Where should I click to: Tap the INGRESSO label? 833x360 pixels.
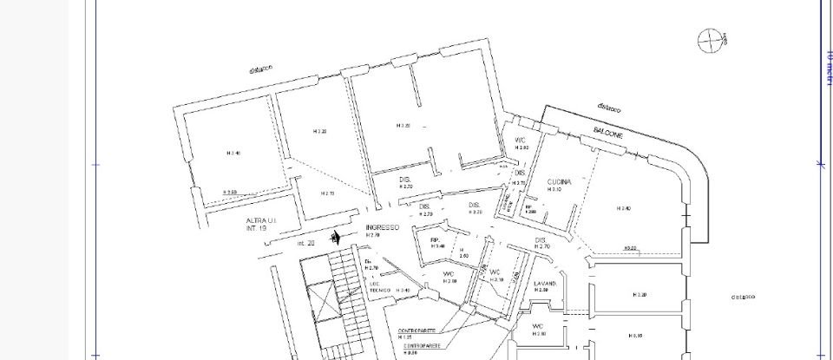point(381,227)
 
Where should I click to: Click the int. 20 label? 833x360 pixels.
point(306,244)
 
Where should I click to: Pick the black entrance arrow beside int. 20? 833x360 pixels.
point(335,237)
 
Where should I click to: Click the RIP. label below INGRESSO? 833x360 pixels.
point(437,241)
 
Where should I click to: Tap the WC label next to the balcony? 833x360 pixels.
point(521,141)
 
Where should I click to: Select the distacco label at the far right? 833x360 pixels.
point(744,296)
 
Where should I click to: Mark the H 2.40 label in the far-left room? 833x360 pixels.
point(233,154)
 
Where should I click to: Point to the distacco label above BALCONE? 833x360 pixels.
point(611,108)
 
